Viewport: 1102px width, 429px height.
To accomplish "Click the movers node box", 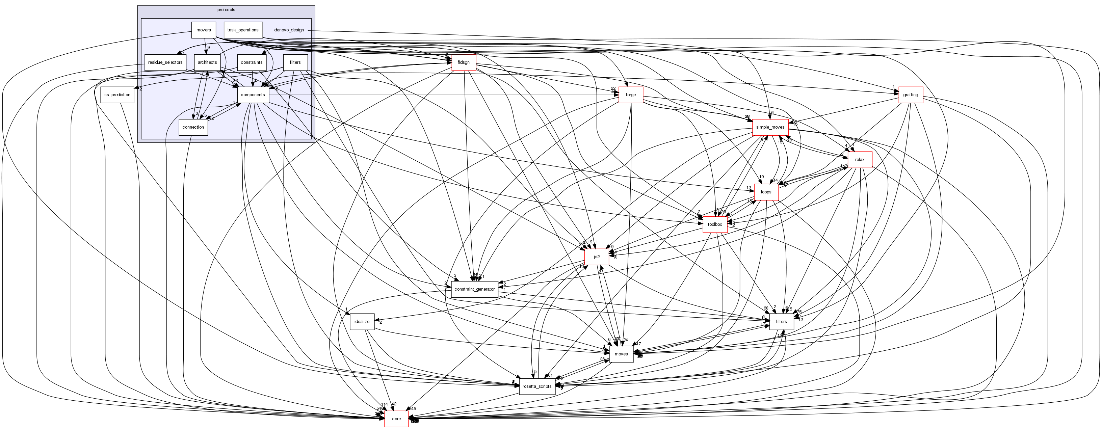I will click(204, 30).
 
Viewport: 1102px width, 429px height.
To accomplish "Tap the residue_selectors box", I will click(165, 62).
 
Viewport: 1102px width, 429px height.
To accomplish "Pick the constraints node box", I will click(252, 62).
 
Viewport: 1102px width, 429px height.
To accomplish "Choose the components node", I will click(253, 95).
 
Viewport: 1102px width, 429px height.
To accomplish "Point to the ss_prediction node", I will click(117, 95).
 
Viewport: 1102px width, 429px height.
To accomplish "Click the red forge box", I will click(631, 95).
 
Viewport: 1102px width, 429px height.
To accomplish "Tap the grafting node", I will click(911, 95).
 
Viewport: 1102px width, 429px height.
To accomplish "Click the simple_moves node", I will click(770, 127).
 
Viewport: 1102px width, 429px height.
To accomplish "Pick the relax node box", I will click(860, 160).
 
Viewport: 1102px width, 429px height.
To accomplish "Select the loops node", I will click(766, 192).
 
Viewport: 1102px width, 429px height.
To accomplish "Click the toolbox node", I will click(715, 224).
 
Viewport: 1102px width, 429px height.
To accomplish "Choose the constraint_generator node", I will click(474, 289).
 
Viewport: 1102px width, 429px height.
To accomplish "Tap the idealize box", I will click(362, 322).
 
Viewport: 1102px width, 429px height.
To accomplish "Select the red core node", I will click(396, 419).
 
